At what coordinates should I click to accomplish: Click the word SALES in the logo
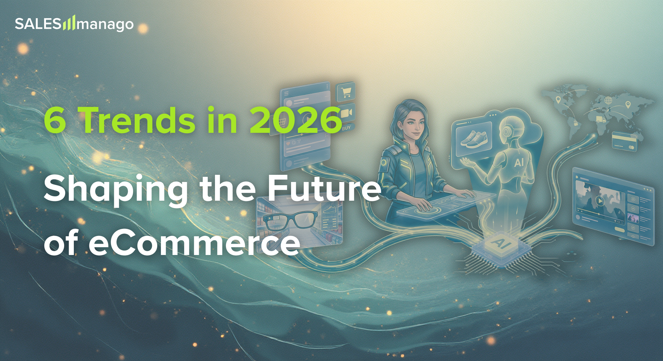pos(38,24)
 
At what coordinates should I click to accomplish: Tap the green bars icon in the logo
pos(69,23)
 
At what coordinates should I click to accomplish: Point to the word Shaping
pos(116,189)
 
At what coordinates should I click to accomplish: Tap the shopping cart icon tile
pos(346,91)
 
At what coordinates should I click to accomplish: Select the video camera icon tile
pos(346,113)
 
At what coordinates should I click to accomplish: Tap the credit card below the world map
pos(624,141)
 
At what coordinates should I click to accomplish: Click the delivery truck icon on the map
pos(601,120)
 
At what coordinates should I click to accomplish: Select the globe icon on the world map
pos(608,100)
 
